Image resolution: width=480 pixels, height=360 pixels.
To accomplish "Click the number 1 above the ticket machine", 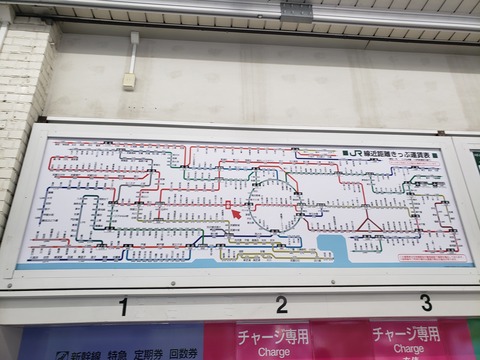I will (123, 306).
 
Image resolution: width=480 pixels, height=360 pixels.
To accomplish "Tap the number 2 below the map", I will (282, 304).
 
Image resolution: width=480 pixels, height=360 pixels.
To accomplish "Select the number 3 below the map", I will (426, 302).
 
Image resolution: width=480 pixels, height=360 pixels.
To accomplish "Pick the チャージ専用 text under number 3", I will (408, 333).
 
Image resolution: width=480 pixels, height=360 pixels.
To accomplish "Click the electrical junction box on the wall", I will (129, 81).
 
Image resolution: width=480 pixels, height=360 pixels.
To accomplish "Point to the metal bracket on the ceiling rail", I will (296, 11).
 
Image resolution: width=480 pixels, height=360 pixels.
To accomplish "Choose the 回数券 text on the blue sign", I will (182, 355).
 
